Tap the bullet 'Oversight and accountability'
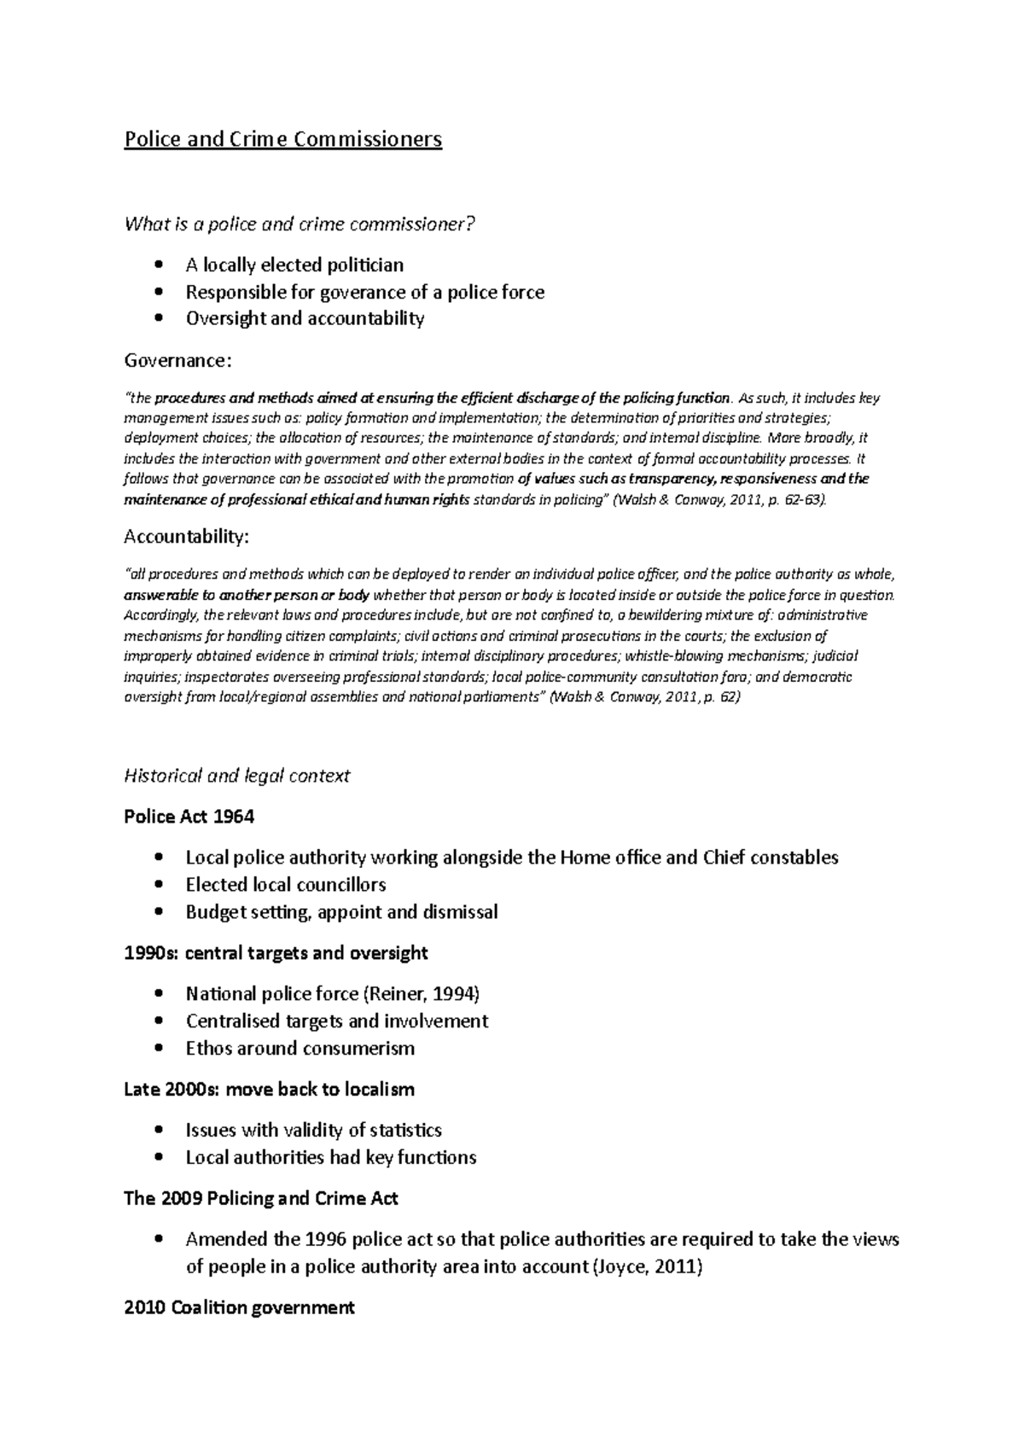click(x=305, y=318)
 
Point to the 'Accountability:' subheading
click(x=187, y=536)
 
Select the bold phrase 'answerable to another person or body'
click(x=247, y=595)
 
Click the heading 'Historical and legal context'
click(x=236, y=776)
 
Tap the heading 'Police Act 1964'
click(x=189, y=817)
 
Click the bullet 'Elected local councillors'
click(x=286, y=884)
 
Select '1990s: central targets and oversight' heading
click(x=276, y=952)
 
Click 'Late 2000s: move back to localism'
click(x=269, y=1089)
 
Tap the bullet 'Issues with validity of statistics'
click(x=313, y=1130)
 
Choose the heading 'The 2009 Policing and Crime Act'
click(x=260, y=1198)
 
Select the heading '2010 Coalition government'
click(x=239, y=1307)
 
